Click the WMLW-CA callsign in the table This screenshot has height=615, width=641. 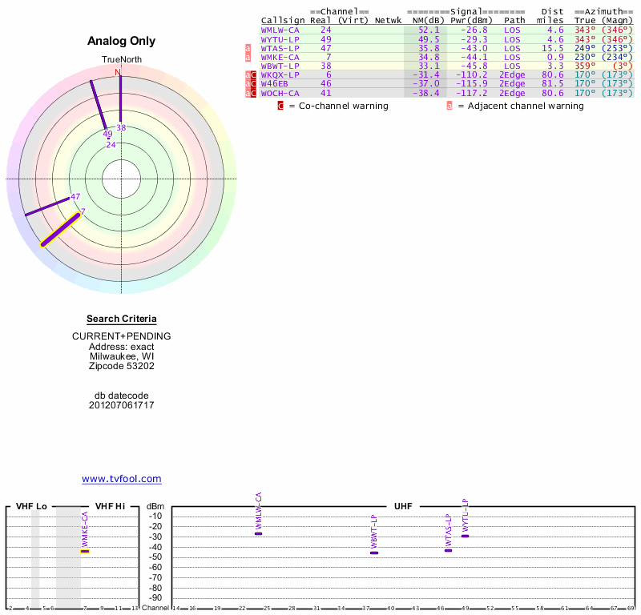(280, 30)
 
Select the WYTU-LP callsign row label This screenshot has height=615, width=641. (280, 38)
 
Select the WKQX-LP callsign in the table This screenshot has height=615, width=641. (280, 74)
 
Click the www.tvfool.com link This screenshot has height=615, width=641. (122, 479)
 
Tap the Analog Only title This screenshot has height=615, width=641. (122, 41)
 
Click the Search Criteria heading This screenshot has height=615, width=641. (122, 319)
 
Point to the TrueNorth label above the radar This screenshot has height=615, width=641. (120, 60)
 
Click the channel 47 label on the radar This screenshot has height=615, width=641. (75, 196)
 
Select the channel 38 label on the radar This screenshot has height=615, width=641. (122, 127)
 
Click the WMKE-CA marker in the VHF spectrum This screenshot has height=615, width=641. (85, 551)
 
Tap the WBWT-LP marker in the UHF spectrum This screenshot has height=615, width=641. (374, 553)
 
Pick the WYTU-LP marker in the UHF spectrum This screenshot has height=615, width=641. (465, 536)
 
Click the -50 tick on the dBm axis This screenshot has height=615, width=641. (155, 557)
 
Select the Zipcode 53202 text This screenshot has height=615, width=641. (122, 366)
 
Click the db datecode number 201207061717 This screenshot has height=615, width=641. (122, 405)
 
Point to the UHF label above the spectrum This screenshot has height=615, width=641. (402, 507)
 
